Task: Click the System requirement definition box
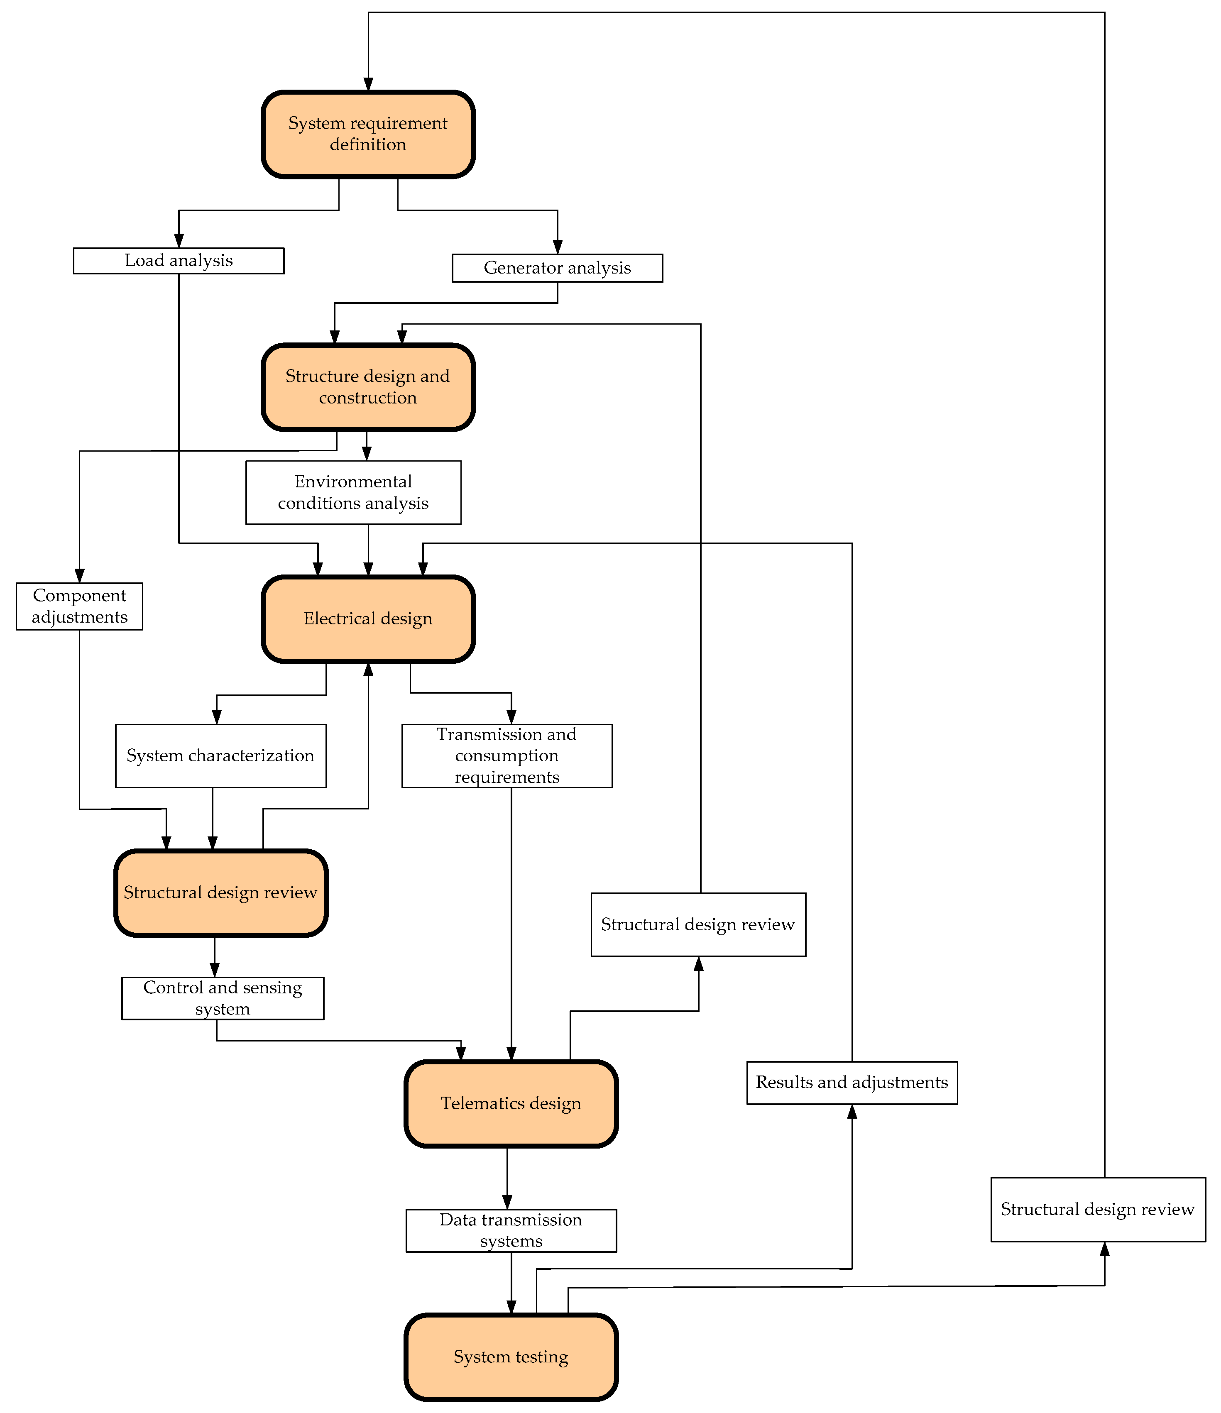pyautogui.click(x=368, y=134)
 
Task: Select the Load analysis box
pyautogui.click(x=179, y=261)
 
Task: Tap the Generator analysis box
pyautogui.click(x=557, y=268)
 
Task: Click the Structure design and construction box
pyautogui.click(x=368, y=387)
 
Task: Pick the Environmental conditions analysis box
pyautogui.click(x=353, y=492)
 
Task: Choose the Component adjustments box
pyautogui.click(x=79, y=606)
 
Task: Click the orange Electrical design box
pyautogui.click(x=368, y=618)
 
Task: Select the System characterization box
pyautogui.click(x=220, y=755)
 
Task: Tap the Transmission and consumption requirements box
pyautogui.click(x=507, y=755)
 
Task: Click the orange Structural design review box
pyautogui.click(x=220, y=892)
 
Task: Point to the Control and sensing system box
pyautogui.click(x=223, y=998)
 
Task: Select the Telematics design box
pyautogui.click(x=511, y=1103)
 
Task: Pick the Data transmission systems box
pyautogui.click(x=511, y=1230)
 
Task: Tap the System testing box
pyautogui.click(x=511, y=1357)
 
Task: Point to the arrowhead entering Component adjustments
pyautogui.click(x=80, y=576)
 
